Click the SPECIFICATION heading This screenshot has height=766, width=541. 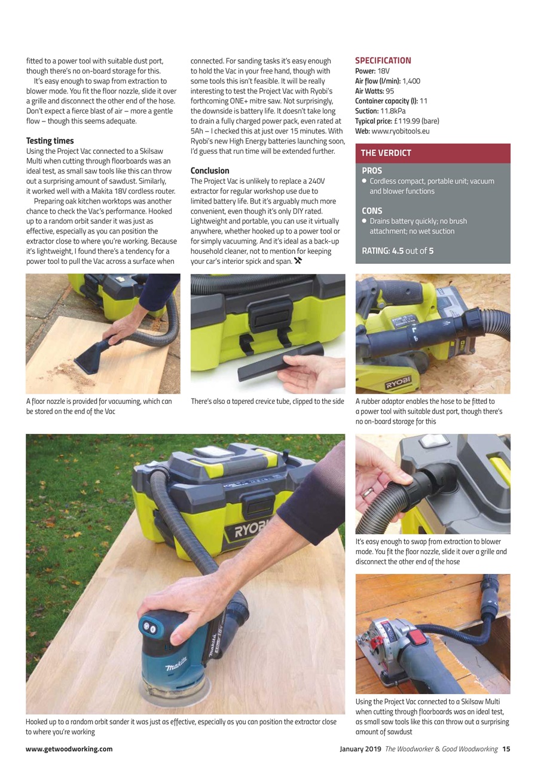(383, 60)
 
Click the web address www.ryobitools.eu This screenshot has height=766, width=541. (401, 131)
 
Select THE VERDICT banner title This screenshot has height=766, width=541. (386, 153)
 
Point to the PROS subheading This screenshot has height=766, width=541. (372, 171)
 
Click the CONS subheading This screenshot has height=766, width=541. (372, 211)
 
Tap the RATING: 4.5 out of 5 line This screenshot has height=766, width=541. (398, 251)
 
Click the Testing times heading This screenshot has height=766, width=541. (50, 141)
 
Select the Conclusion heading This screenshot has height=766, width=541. (210, 171)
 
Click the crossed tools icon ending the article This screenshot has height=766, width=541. (298, 261)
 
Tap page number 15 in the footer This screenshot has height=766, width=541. (506, 749)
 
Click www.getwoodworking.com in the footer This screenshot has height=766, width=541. (69, 749)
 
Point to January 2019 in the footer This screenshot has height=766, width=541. (360, 749)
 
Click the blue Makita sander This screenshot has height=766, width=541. (179, 652)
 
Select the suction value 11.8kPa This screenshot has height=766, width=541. (393, 111)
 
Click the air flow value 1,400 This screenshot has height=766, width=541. (411, 81)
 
